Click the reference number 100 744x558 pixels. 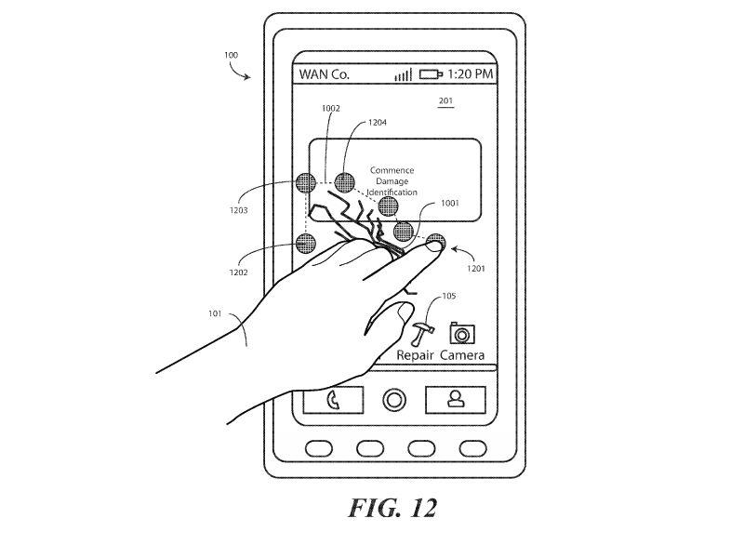pyautogui.click(x=232, y=55)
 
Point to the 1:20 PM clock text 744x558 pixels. pyautogui.click(x=471, y=74)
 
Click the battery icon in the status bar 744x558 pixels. pyautogui.click(x=431, y=74)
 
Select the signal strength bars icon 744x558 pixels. pyautogui.click(x=403, y=74)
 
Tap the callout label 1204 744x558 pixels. pyautogui.click(x=379, y=122)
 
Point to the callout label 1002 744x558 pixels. pyautogui.click(x=331, y=109)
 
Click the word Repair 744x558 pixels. pyautogui.click(x=416, y=356)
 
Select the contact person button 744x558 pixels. pyautogui.click(x=456, y=400)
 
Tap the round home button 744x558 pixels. pyautogui.click(x=394, y=400)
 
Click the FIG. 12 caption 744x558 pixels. pyautogui.click(x=392, y=509)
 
